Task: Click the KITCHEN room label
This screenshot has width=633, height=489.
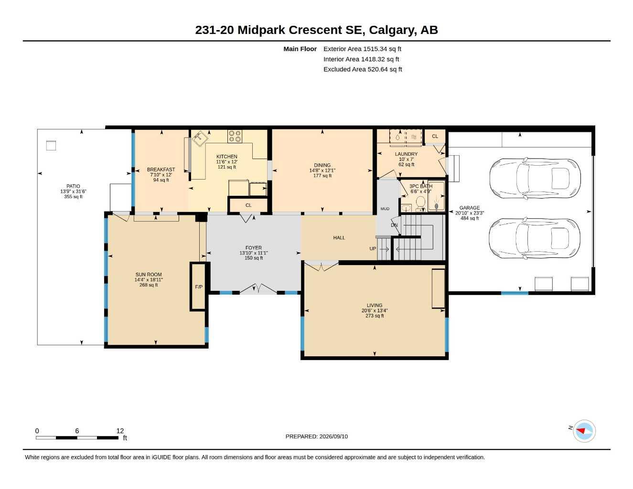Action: tap(226, 157)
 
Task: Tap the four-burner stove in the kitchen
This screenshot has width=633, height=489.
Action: tap(235, 136)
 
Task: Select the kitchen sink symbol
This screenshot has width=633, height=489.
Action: tap(200, 138)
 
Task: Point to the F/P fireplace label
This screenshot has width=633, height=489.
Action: tap(199, 287)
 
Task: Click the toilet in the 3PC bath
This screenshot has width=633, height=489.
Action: tap(420, 203)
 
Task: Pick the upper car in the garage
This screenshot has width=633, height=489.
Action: tap(535, 179)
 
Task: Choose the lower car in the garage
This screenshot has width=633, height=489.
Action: tap(534, 239)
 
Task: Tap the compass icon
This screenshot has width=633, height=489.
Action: tap(584, 431)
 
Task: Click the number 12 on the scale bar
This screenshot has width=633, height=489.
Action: tap(120, 431)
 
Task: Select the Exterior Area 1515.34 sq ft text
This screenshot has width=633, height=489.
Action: tap(362, 49)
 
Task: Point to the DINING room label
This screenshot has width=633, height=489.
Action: tap(322, 165)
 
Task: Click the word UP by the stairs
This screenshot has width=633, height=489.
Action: tap(373, 249)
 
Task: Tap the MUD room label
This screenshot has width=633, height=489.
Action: tap(385, 209)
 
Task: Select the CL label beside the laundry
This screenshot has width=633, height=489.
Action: tap(435, 136)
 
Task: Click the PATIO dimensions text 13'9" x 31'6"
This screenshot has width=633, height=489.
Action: tap(73, 191)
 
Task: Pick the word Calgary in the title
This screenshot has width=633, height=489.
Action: tap(391, 30)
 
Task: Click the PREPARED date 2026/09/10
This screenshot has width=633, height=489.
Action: tap(333, 436)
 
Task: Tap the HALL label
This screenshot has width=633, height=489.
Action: tap(339, 238)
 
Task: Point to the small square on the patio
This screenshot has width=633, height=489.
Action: tap(51, 145)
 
